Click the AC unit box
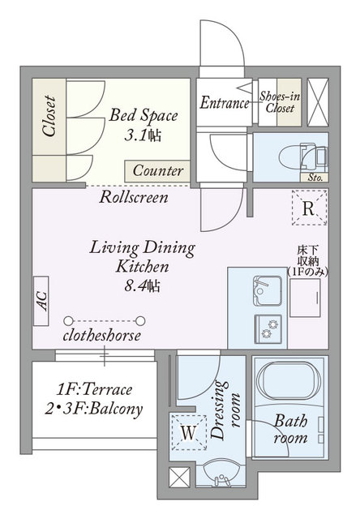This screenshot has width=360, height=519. [41, 301]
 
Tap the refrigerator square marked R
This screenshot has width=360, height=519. [310, 208]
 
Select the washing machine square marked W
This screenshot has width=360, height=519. [189, 432]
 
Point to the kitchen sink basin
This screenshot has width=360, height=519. [268, 290]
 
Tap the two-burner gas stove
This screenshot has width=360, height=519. [268, 329]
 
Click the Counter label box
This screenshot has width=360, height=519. [157, 171]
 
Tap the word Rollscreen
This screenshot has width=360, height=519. [134, 198]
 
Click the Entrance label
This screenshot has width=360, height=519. [225, 103]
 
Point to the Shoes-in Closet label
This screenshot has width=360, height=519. [280, 102]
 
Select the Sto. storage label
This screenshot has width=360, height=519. [315, 178]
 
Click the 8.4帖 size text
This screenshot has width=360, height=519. [142, 285]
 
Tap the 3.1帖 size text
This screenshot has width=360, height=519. [143, 135]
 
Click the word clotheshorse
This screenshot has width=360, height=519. [102, 336]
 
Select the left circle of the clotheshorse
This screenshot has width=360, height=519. [68, 321]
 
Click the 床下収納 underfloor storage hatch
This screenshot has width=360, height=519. [305, 298]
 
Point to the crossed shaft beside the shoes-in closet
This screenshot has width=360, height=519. [318, 102]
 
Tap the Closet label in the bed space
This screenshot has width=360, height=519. [49, 116]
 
